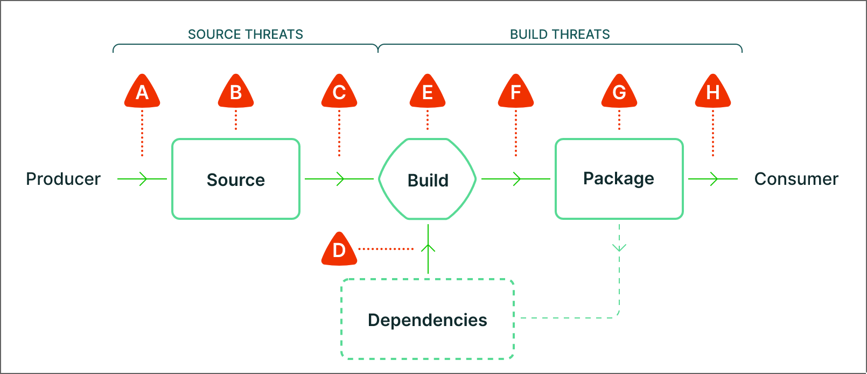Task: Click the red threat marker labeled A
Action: (142, 91)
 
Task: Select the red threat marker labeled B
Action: (236, 91)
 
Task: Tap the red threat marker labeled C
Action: (339, 91)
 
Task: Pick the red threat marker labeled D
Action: (339, 249)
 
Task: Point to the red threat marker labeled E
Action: (428, 91)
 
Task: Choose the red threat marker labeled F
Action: (515, 91)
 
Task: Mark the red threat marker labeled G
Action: (619, 91)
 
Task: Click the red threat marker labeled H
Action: (713, 91)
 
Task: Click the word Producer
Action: (63, 179)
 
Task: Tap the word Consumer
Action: (796, 179)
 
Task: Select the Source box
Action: (236, 179)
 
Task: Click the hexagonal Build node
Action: (428, 179)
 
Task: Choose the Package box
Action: (619, 179)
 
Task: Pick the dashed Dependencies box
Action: (428, 319)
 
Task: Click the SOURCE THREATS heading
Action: (246, 34)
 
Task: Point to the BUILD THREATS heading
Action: (560, 34)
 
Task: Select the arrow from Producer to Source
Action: (142, 179)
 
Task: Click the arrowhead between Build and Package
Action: (517, 179)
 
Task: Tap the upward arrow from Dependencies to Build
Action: (428, 249)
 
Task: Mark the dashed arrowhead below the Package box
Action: (619, 248)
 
